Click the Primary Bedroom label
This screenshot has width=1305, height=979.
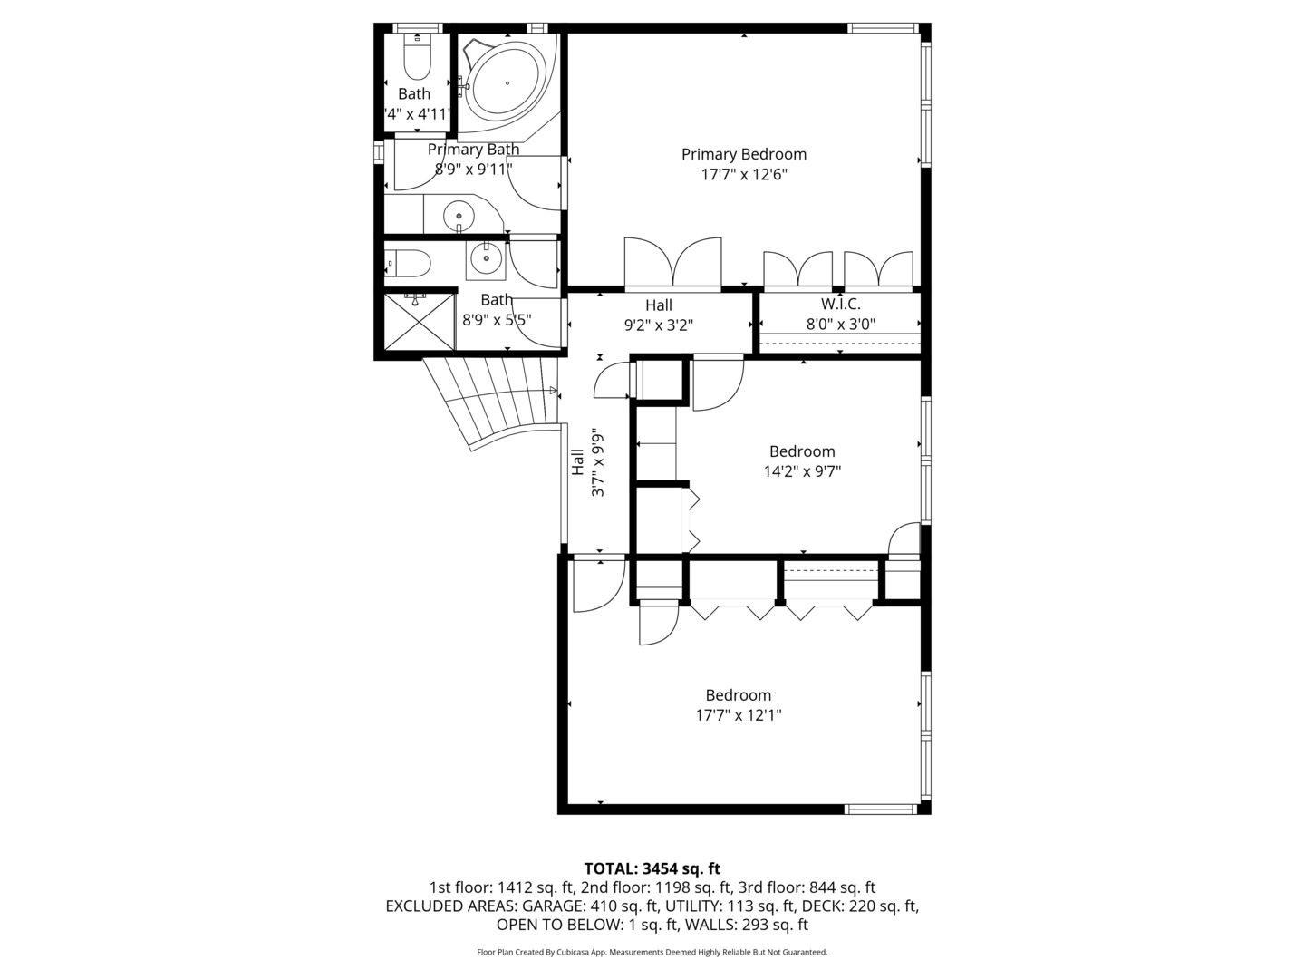pyautogui.click(x=743, y=154)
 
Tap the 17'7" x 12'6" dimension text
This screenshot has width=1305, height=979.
pyautogui.click(x=743, y=174)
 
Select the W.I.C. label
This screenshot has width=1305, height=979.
pyautogui.click(x=840, y=305)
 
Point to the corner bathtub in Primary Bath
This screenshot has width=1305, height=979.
pyautogui.click(x=507, y=80)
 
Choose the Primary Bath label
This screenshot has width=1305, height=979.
pyautogui.click(x=473, y=150)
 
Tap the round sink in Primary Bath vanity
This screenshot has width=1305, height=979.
pyautogui.click(x=459, y=217)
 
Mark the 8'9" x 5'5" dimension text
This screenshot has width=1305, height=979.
pyautogui.click(x=496, y=319)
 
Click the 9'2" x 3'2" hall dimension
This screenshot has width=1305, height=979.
pyautogui.click(x=659, y=325)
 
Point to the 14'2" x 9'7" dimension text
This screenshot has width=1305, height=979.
pyautogui.click(x=802, y=470)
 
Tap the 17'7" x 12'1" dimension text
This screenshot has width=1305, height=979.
pyautogui.click(x=738, y=715)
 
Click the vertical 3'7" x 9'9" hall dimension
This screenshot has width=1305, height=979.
pyautogui.click(x=597, y=462)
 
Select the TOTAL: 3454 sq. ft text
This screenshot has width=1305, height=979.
pyautogui.click(x=652, y=868)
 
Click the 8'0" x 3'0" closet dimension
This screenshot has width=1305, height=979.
pyautogui.click(x=840, y=324)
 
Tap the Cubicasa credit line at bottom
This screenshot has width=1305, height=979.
pyautogui.click(x=652, y=952)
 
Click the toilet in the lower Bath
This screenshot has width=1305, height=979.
pyautogui.click(x=410, y=263)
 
